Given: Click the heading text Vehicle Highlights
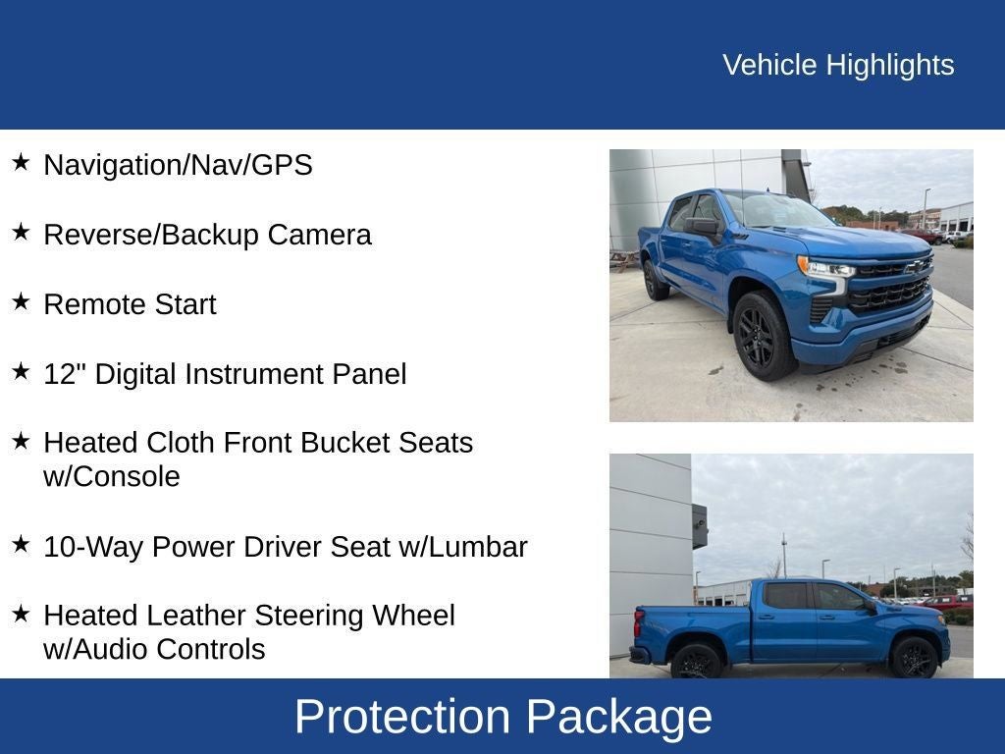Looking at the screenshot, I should (x=838, y=65).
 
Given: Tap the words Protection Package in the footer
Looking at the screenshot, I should (x=502, y=717).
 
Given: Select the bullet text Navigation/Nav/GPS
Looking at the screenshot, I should (x=178, y=165).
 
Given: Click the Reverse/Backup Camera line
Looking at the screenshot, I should (x=207, y=235).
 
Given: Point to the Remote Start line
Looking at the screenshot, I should (x=130, y=304).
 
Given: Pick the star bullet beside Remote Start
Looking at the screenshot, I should (x=21, y=302).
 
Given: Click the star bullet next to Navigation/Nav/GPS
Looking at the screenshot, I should (x=21, y=163).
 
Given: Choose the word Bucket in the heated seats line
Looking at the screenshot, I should (x=345, y=443).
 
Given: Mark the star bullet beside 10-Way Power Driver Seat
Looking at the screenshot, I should (x=21, y=545).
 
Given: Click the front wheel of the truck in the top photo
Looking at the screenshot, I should (x=763, y=336).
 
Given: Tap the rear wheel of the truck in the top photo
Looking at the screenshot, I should (x=655, y=279).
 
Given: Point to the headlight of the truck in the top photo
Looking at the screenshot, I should (x=825, y=267).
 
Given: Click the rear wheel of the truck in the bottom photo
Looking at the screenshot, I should (x=697, y=662).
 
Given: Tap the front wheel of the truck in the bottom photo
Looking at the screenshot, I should (x=914, y=658).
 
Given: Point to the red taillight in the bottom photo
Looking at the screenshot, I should (x=639, y=622).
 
